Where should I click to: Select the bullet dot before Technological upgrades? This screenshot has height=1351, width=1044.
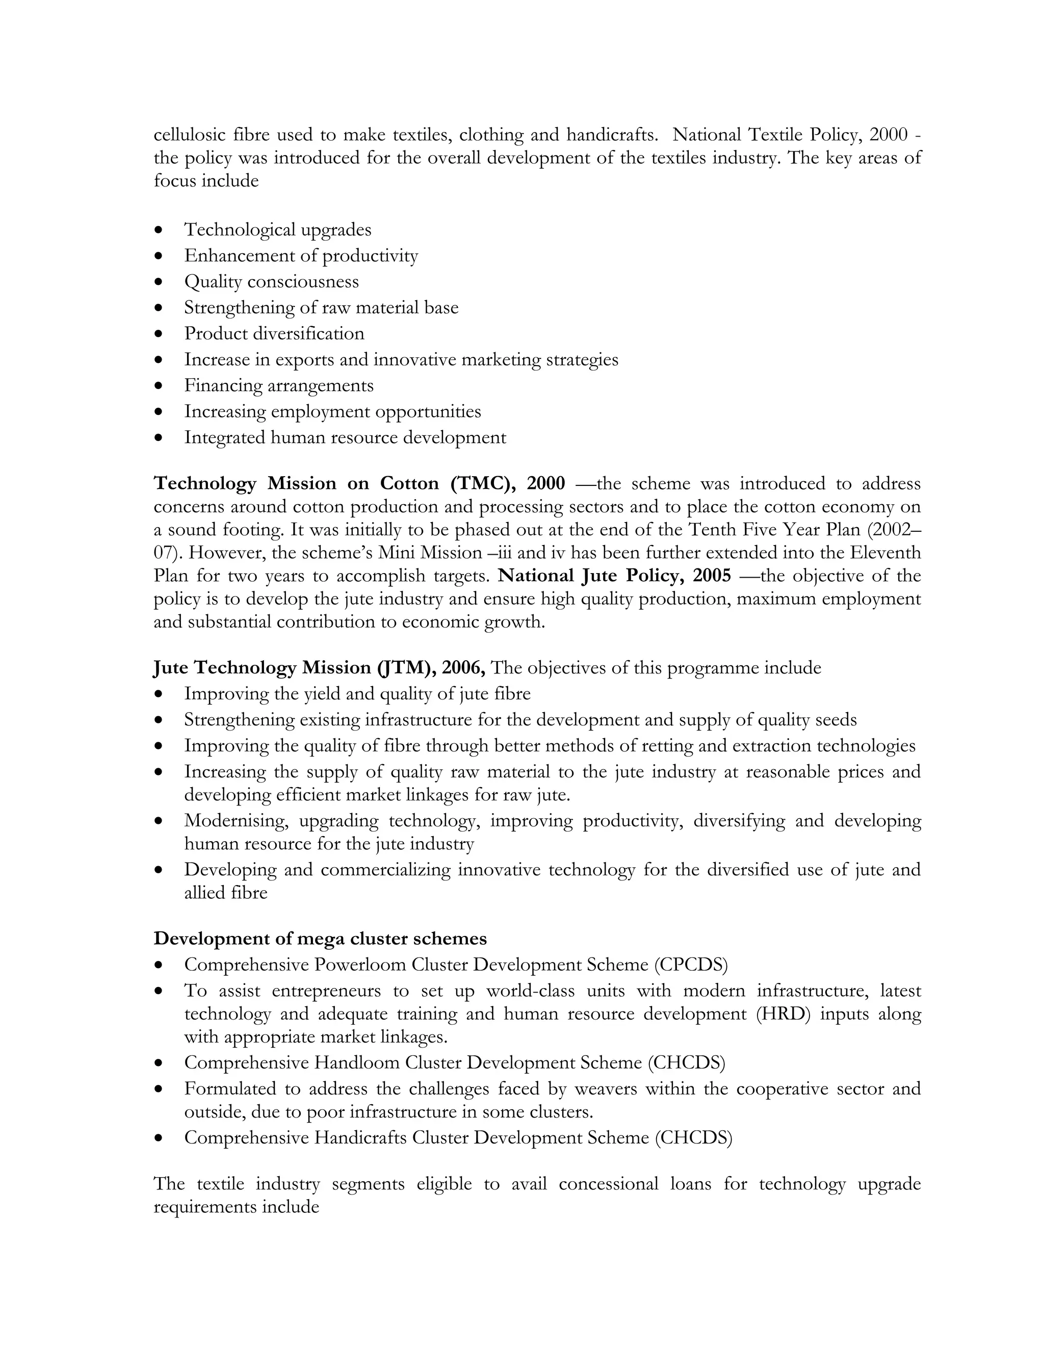(160, 230)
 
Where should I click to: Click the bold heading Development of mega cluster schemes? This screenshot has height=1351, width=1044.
(320, 939)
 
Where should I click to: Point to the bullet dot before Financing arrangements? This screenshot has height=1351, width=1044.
(160, 386)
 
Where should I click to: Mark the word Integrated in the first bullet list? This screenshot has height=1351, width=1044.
(224, 437)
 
